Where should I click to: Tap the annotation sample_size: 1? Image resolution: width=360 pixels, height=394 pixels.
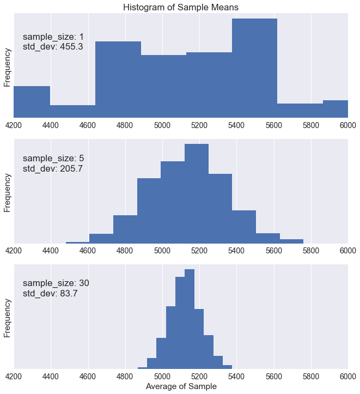tap(53, 37)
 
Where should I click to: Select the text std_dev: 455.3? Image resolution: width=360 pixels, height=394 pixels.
tap(53, 47)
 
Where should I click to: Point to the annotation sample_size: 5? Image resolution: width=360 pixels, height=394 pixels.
tap(53, 159)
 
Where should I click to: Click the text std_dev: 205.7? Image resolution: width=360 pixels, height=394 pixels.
tap(53, 168)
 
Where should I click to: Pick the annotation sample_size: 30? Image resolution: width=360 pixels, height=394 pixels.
tap(56, 283)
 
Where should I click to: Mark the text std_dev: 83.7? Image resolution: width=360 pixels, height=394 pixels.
tap(51, 293)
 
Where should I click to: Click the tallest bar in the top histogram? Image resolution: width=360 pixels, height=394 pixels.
tap(254, 68)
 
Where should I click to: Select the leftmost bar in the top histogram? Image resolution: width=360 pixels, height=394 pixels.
tap(32, 102)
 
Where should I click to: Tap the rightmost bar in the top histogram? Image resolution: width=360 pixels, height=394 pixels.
tap(335, 109)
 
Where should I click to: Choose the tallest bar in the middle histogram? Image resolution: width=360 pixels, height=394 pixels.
tap(197, 193)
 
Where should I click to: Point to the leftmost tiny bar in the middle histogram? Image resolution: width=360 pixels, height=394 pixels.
tap(77, 243)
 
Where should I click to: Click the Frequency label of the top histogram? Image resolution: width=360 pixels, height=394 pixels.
tap(8, 68)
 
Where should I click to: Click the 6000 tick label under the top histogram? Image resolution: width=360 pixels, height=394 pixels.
tap(347, 125)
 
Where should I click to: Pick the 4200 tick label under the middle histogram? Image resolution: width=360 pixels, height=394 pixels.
tap(14, 251)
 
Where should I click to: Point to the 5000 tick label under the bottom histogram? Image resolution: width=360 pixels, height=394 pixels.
tap(162, 376)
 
